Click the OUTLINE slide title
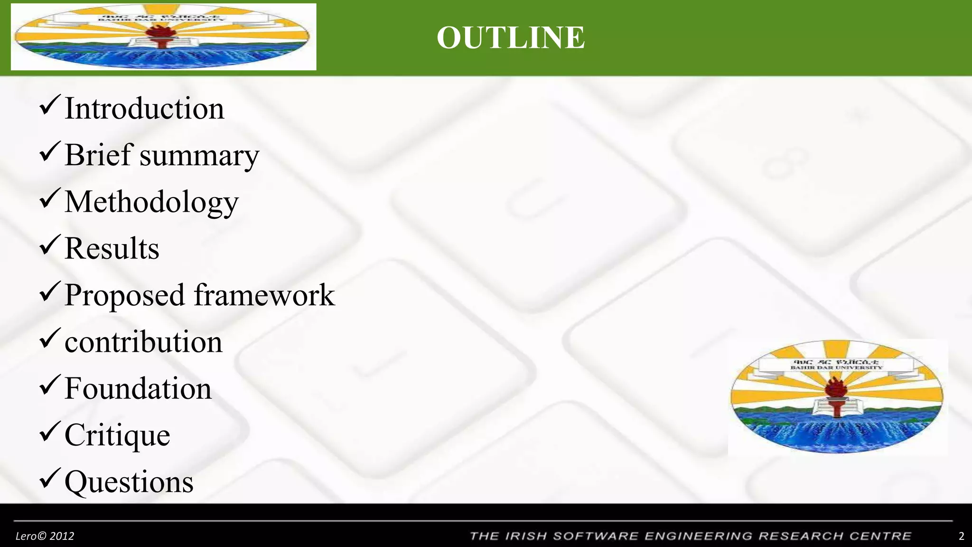point(511,38)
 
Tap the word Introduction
point(144,108)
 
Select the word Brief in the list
point(98,154)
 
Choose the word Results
point(112,248)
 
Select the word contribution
point(143,341)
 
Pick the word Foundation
point(138,388)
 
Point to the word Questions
point(129,482)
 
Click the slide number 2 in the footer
point(962,536)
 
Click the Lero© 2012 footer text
point(45,536)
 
